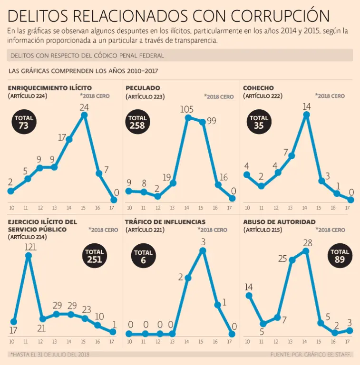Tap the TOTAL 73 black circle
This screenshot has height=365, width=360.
click(x=24, y=122)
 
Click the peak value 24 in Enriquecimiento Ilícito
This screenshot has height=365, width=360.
click(x=84, y=106)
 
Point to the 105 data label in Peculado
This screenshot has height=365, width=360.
click(x=187, y=109)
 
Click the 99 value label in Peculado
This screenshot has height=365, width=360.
click(x=211, y=121)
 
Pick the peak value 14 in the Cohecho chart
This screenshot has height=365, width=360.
click(x=307, y=106)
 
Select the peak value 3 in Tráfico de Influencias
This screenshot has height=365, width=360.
click(x=203, y=241)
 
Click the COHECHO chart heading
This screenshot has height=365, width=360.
click(x=258, y=88)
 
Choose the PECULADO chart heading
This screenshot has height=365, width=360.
click(x=143, y=88)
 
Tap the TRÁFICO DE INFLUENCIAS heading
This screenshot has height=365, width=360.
click(x=165, y=222)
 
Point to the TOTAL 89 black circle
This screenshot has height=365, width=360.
click(x=340, y=256)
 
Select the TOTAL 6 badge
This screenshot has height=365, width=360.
click(x=143, y=257)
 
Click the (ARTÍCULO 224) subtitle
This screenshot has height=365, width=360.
click(x=28, y=96)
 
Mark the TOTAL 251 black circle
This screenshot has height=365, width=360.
click(x=94, y=256)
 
